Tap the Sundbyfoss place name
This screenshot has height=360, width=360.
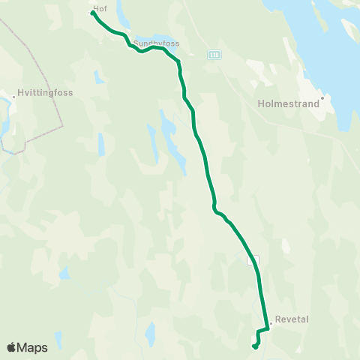point(157,43)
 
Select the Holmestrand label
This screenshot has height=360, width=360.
point(288,104)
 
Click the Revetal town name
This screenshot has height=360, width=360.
point(292,319)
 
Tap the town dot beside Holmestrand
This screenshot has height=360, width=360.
point(322,97)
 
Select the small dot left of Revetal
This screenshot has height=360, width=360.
point(271,323)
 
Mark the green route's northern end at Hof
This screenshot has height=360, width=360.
point(93,13)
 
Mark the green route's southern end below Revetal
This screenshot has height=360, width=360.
point(255,346)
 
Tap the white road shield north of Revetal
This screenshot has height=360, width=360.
point(254,259)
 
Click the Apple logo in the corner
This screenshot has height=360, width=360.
point(11,348)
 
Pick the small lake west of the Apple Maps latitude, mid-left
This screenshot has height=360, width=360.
point(64,273)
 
